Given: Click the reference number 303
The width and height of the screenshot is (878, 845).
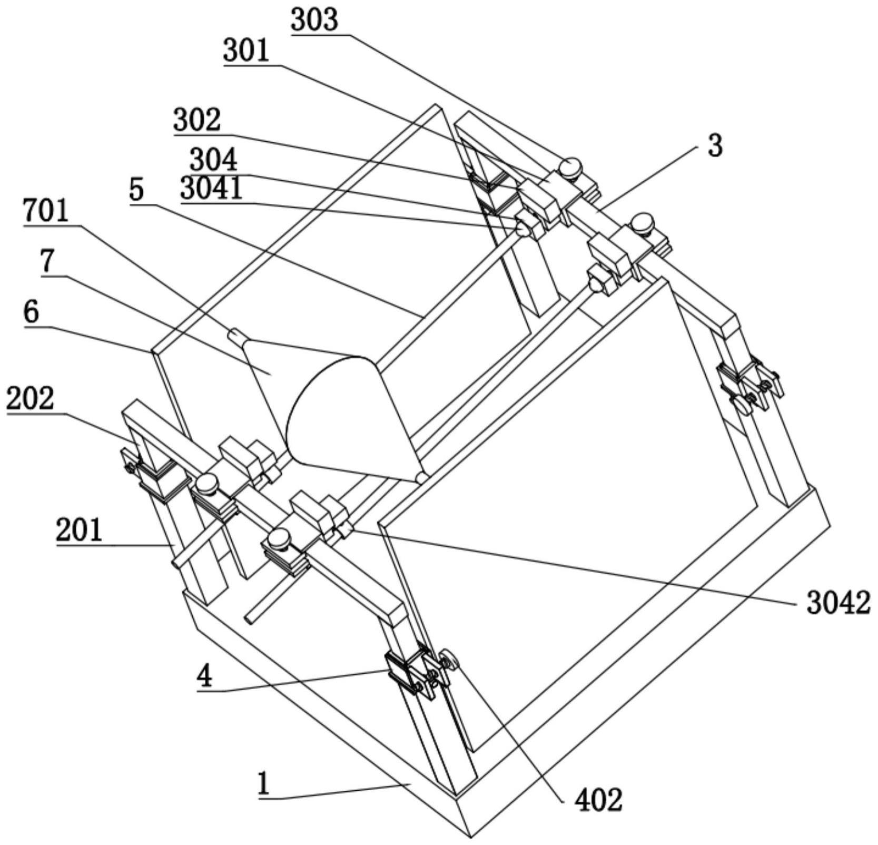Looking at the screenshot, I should click(314, 21).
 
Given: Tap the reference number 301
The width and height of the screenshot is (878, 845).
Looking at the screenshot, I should click(246, 52).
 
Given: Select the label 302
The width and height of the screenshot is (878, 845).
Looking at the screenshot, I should click(197, 120).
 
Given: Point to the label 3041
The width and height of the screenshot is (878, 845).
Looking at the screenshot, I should click(211, 189).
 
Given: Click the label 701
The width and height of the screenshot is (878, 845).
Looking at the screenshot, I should click(46, 211).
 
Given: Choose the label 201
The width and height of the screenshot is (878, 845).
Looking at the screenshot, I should click(79, 530).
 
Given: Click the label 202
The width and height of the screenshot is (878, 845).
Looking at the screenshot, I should click(30, 399).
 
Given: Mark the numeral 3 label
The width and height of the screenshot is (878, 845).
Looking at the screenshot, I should click(715, 146).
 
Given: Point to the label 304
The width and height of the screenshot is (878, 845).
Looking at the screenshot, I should click(213, 159).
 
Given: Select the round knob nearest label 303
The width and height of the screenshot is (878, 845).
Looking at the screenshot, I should click(570, 167).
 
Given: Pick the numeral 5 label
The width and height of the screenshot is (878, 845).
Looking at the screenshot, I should click(136, 190).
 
